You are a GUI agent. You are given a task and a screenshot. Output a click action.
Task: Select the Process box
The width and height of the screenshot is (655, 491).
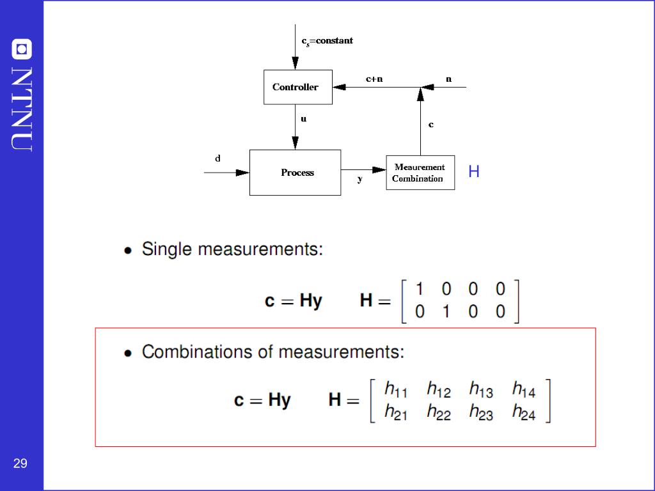[x=295, y=173]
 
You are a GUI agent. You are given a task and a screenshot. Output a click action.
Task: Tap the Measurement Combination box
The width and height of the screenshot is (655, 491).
[x=420, y=173]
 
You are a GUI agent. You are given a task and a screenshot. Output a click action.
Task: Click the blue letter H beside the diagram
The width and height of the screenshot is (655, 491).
[x=473, y=171]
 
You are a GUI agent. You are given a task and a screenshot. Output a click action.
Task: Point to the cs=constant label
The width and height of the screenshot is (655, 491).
[x=327, y=40]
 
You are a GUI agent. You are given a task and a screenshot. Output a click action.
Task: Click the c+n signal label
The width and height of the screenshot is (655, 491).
[x=374, y=79]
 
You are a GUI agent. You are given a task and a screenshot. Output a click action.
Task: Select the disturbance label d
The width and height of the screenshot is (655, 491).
[x=217, y=158]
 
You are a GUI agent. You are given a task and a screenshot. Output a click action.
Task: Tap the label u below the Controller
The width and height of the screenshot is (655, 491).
[x=303, y=119]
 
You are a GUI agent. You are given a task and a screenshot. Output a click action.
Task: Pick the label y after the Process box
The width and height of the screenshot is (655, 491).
[x=359, y=180]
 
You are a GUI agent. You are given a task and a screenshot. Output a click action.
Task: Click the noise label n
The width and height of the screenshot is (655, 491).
[x=448, y=79]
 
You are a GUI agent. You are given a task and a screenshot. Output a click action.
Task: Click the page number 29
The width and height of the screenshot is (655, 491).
[x=20, y=464]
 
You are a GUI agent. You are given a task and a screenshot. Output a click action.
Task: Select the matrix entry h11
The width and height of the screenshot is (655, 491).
[x=395, y=389]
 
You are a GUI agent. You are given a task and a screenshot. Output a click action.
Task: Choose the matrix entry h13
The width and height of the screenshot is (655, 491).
[x=481, y=389]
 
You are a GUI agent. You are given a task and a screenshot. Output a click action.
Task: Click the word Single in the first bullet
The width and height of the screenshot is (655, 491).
[x=166, y=249]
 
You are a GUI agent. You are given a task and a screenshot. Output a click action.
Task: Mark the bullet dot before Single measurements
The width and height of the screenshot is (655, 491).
[x=129, y=251]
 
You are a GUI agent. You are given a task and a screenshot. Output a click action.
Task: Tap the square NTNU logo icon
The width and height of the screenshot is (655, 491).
[x=22, y=49]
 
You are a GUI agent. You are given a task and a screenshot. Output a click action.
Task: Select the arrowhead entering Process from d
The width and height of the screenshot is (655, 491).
[x=242, y=173]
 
